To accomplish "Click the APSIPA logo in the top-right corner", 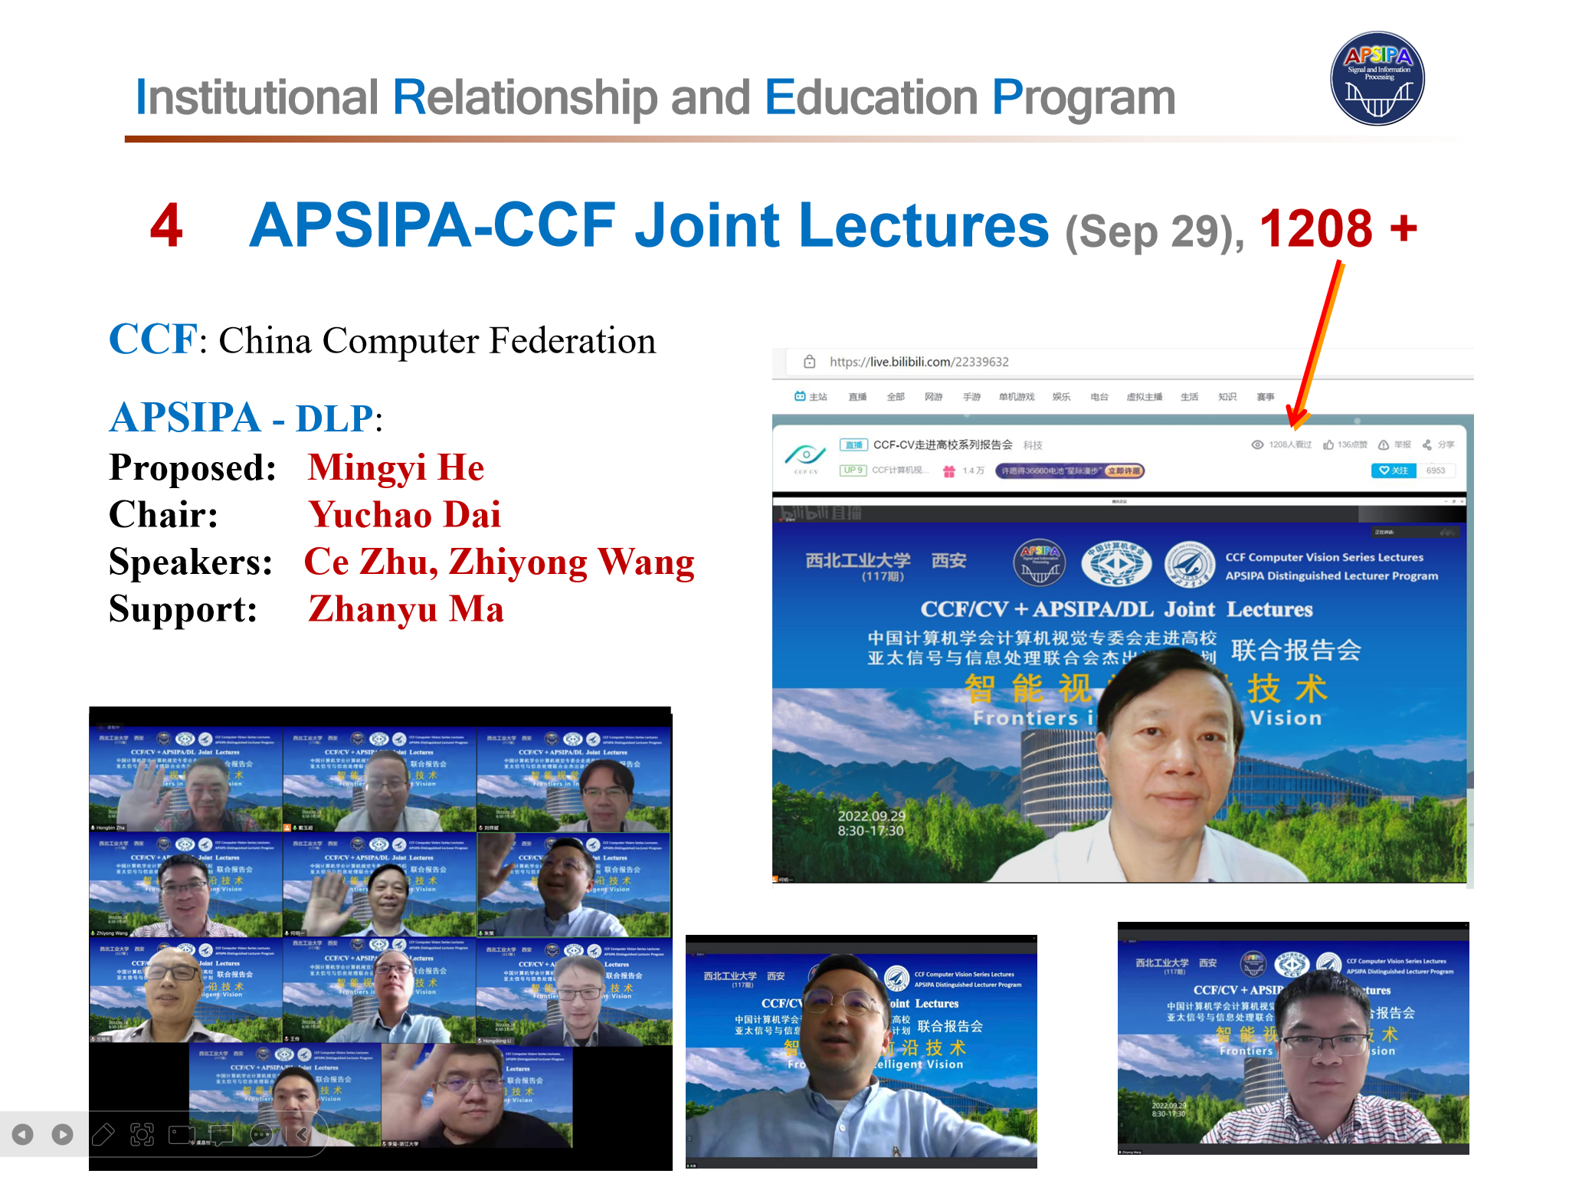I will click(1377, 78).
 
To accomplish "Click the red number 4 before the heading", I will click(166, 226).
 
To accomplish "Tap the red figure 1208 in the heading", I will click(1316, 228).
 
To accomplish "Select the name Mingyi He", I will click(395, 467).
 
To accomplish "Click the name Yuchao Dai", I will click(404, 514).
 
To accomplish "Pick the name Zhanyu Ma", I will click(405, 609).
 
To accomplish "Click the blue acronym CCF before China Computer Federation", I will click(152, 339).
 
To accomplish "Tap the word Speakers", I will click(190, 562).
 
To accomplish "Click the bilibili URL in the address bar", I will click(919, 362).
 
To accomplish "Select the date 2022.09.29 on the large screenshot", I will click(871, 816).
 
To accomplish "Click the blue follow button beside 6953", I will click(1393, 470).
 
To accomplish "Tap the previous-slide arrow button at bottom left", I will click(23, 1134).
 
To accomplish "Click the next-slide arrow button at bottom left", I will click(62, 1134).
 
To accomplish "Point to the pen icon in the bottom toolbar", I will click(103, 1134).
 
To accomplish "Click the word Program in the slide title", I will click(1083, 98).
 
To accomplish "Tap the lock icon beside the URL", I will click(809, 362).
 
